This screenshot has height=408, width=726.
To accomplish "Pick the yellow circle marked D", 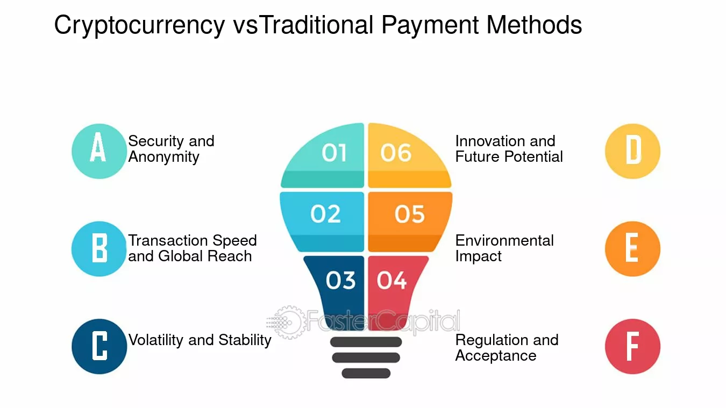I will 632,151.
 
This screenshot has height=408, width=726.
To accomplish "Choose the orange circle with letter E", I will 632,249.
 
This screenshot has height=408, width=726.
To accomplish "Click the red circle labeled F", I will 632,346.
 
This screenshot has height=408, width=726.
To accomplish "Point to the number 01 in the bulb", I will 334,153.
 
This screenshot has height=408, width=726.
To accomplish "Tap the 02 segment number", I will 325,214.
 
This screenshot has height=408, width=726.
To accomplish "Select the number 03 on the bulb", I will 340,280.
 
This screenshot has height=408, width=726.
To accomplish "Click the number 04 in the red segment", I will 392,280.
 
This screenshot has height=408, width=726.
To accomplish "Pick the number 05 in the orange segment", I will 409,214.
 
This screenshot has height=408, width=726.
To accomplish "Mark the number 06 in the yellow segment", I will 396,153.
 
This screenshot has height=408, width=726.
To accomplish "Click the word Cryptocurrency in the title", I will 139,26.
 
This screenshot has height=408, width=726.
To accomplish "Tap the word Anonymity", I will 163,157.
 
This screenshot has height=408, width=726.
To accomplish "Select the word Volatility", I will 153,340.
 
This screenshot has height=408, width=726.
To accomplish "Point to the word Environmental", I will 504,240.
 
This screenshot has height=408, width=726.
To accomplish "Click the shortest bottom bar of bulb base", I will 366,373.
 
